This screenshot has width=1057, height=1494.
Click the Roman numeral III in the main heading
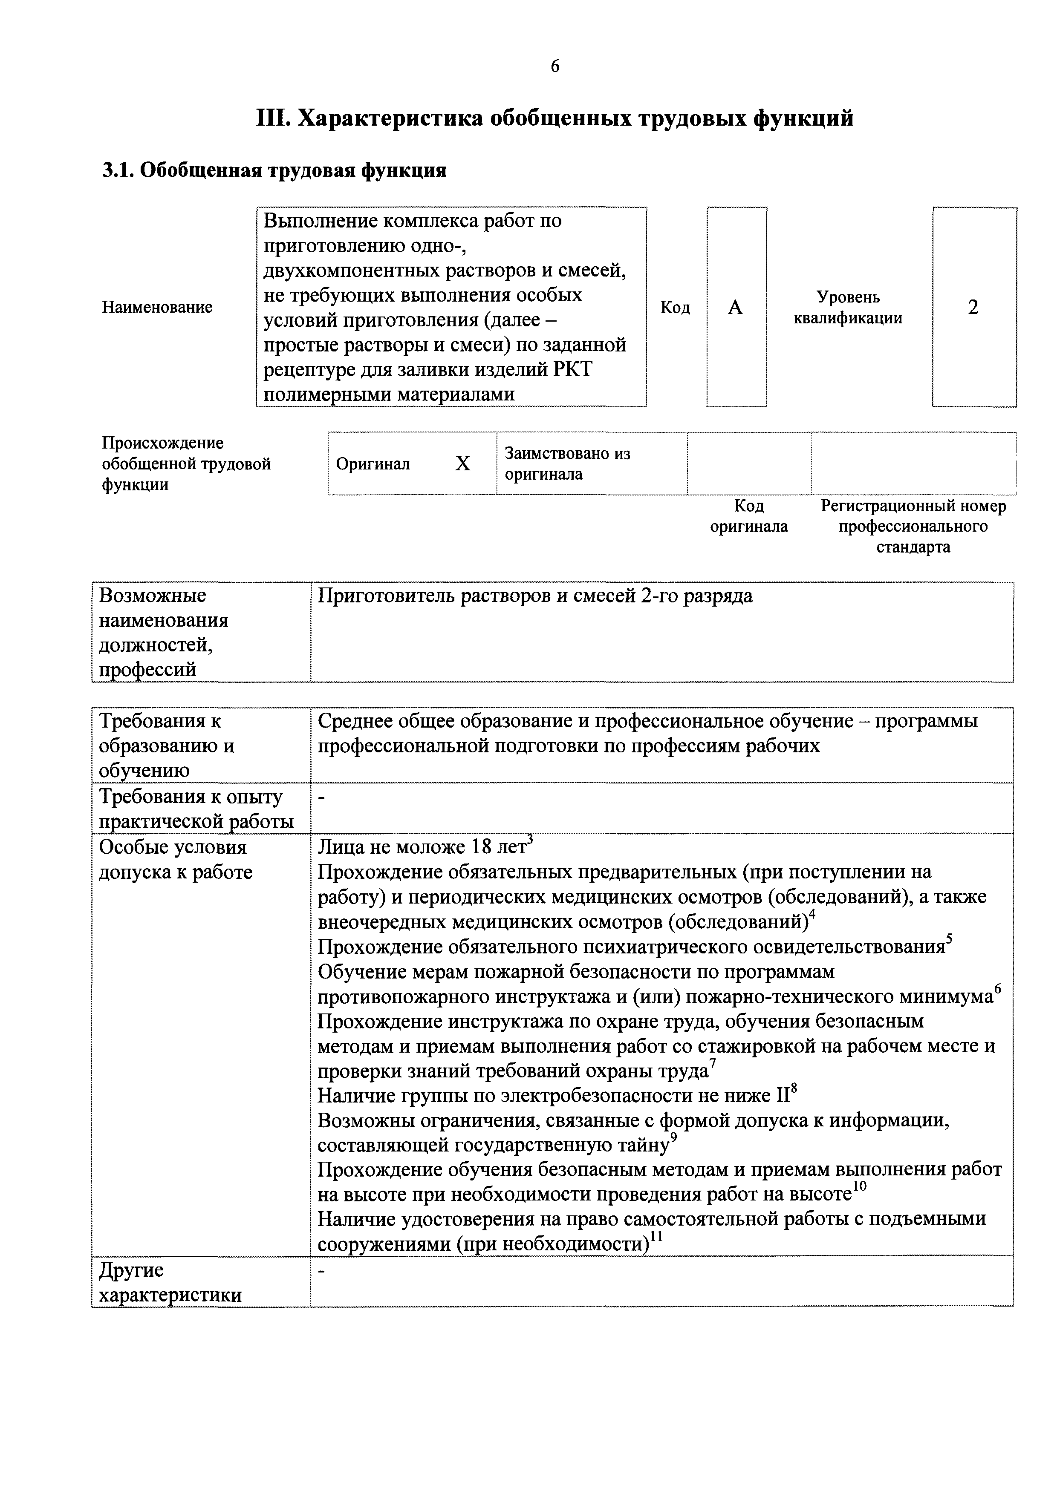(x=273, y=119)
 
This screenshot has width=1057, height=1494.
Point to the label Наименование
(x=157, y=308)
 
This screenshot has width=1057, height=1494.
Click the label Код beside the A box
(x=675, y=308)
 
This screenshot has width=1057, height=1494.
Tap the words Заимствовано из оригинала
(x=568, y=464)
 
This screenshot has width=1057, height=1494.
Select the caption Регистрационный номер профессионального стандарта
(x=913, y=527)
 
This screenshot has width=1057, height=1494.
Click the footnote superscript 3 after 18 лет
(x=531, y=841)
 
